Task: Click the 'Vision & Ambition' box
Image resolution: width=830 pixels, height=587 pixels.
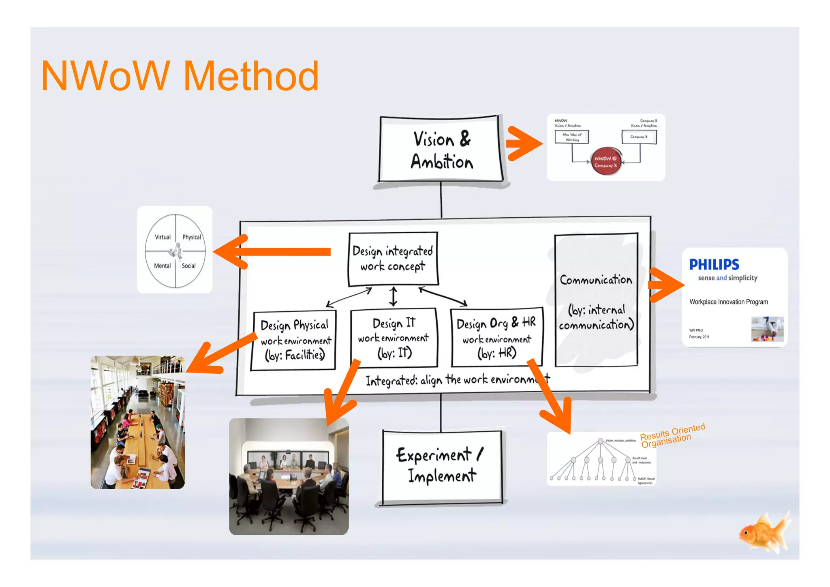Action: pos(441,150)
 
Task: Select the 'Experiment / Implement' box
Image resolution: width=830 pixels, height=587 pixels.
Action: pos(442,466)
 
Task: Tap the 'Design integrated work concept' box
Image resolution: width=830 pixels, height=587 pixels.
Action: pos(393,259)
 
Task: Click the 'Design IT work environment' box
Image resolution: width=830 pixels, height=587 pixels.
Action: pos(394,338)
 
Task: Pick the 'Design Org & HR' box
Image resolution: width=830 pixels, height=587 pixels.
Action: pos(497,338)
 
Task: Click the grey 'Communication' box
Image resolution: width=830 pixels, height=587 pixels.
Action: pos(596,300)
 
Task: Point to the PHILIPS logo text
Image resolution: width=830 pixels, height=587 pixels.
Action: pos(714,265)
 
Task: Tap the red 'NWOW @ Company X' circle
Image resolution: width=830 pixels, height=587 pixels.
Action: pos(606,161)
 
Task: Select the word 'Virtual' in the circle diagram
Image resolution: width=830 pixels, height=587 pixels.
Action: pos(163,237)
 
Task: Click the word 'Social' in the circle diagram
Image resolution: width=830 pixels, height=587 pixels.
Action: pos(188,266)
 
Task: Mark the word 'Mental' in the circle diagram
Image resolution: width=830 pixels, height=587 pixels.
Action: pos(162,266)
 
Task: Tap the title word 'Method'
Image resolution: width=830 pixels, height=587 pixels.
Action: pos(251,76)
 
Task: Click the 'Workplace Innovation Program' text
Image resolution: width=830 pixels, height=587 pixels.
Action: pos(728,302)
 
